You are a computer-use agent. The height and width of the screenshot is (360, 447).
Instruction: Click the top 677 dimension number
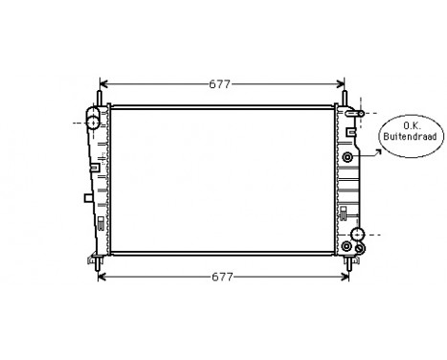220,83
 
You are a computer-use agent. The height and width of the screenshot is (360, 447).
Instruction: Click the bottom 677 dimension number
221,278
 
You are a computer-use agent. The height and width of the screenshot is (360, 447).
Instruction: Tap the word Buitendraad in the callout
411,137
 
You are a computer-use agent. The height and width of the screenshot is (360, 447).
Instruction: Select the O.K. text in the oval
411,125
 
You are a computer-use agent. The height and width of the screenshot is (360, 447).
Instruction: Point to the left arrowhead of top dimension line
102,83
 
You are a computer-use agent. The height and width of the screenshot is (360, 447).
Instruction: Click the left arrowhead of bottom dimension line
102,278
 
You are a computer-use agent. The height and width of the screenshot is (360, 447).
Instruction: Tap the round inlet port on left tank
93,123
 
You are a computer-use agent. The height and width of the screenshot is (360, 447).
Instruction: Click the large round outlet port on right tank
357,235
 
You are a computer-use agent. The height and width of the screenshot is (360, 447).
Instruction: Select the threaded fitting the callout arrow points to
346,156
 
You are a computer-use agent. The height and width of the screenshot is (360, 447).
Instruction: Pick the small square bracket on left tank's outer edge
87,198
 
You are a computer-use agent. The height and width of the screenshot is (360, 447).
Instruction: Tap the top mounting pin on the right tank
345,96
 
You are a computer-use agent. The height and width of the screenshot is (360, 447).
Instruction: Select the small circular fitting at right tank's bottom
360,249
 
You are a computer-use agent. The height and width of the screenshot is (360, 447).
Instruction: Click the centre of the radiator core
221,179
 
